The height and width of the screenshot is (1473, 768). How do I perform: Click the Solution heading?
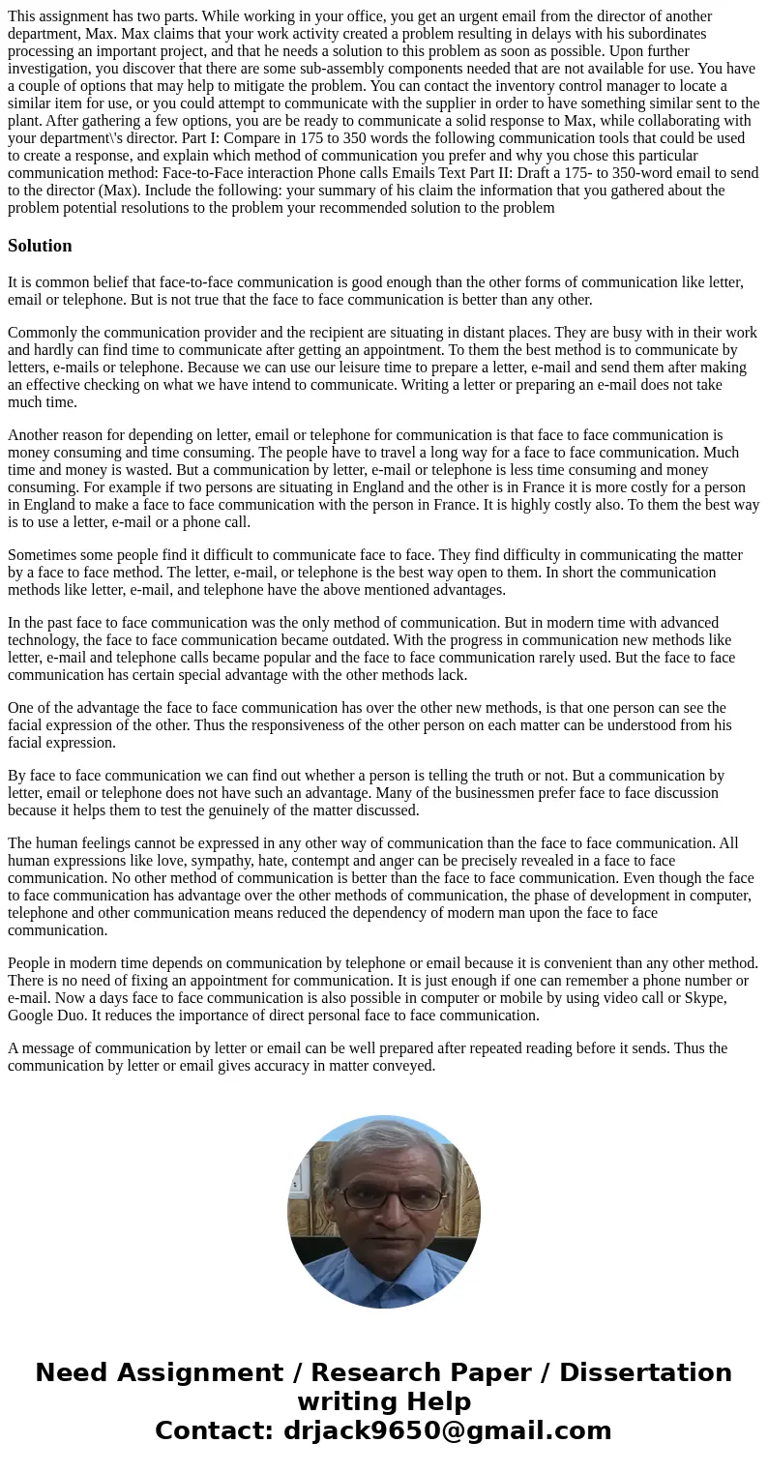[40, 246]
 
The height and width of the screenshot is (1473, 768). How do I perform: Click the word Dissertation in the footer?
[645, 1372]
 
